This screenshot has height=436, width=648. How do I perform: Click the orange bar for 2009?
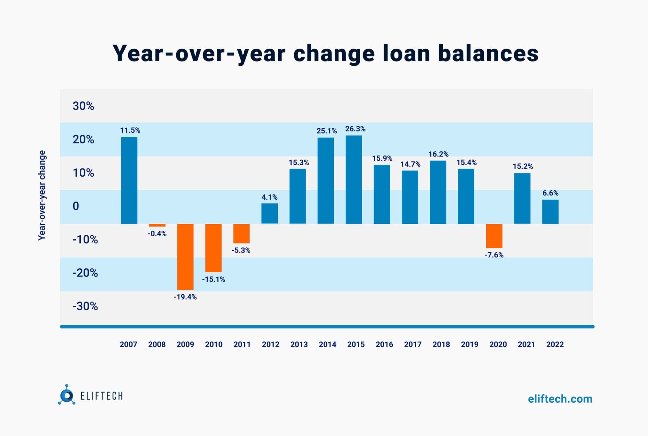coord(185,257)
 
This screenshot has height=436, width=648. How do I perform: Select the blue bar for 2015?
coord(354,180)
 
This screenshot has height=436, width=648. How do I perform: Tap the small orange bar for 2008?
coord(157,225)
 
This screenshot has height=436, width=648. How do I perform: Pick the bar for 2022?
coord(550,212)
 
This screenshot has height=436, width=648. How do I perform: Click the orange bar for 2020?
coord(494,236)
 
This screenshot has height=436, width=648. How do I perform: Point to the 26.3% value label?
coord(355,129)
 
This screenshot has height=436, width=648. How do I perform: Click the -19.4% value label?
coord(185,297)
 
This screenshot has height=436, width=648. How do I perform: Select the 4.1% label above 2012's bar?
coord(270,197)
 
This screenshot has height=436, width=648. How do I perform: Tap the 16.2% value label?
coord(438,154)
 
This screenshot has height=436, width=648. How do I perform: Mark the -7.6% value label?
coord(494,255)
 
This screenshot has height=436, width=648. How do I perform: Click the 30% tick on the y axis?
coord(83,106)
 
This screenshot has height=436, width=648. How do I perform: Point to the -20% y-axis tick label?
coord(85,273)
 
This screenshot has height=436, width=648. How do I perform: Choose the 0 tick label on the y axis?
coord(76,206)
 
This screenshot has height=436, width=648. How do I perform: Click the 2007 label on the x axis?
coord(129,344)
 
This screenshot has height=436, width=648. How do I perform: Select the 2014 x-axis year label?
coord(328,344)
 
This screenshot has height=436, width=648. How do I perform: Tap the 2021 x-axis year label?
coord(526,344)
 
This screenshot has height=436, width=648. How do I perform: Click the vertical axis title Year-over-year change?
coord(42,195)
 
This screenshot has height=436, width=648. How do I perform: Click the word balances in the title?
coord(488,53)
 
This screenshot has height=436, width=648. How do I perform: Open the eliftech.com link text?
coord(560,399)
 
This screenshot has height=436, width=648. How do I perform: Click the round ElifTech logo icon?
coord(67,395)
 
